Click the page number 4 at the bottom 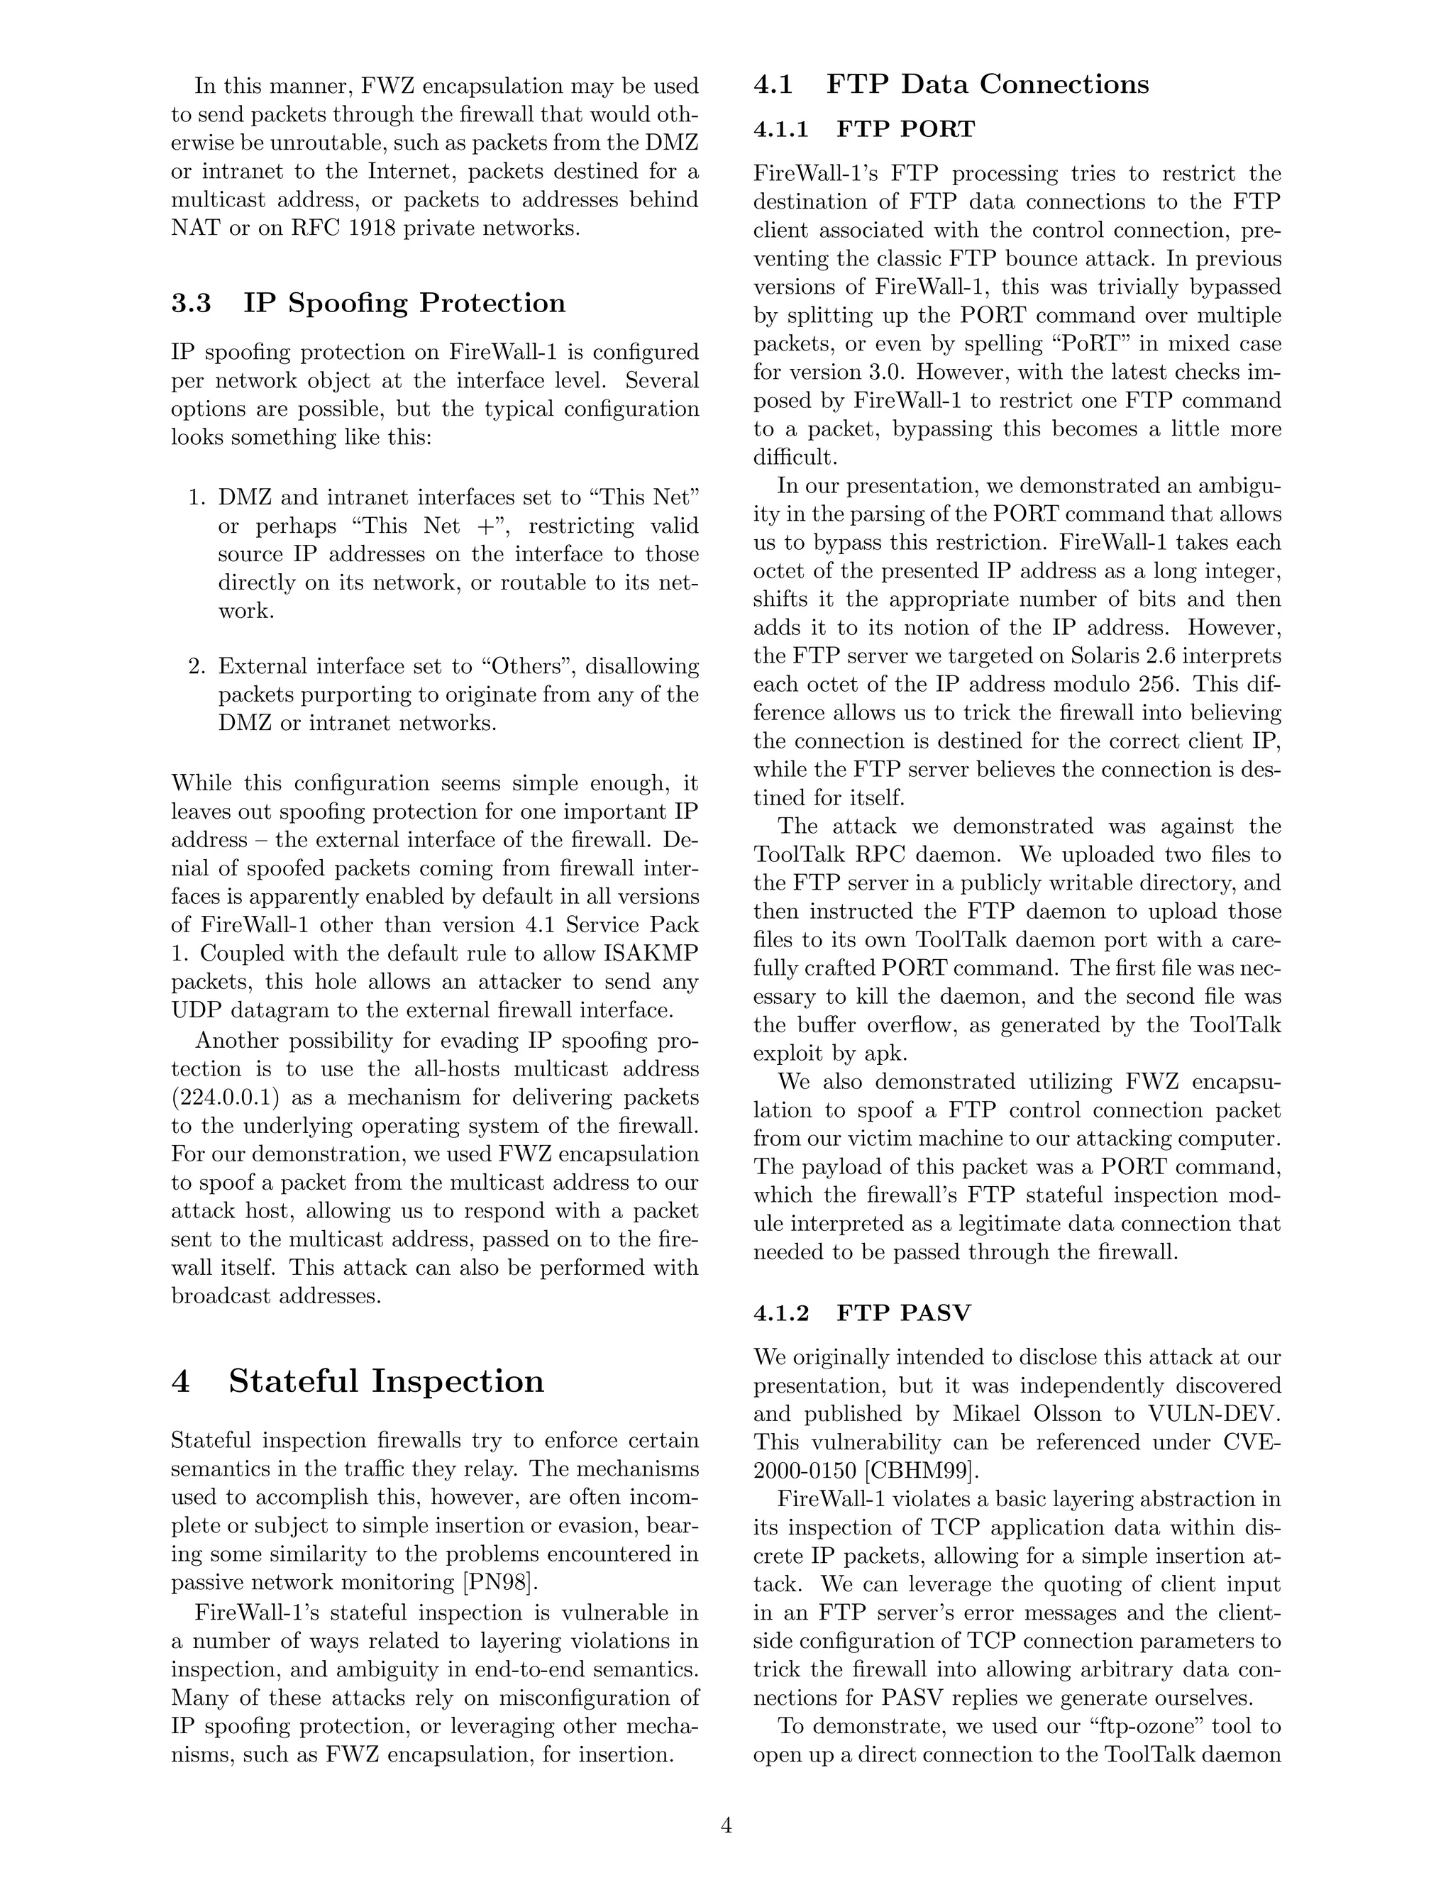[x=726, y=1825]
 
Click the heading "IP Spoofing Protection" [x=404, y=303]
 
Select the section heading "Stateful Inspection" [x=386, y=1381]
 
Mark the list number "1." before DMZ [x=197, y=497]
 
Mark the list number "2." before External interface [x=197, y=666]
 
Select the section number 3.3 [x=191, y=303]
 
